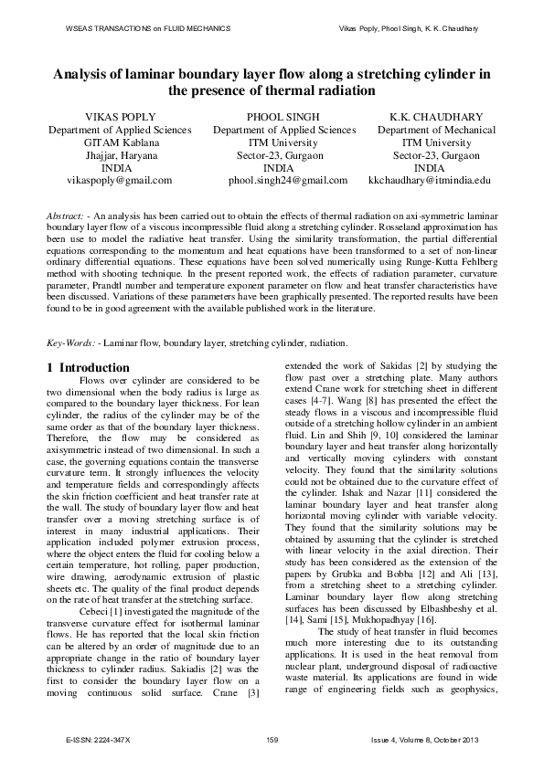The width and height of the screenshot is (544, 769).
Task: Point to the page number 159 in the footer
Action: click(272, 738)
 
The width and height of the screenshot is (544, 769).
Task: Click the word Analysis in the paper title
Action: click(83, 74)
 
